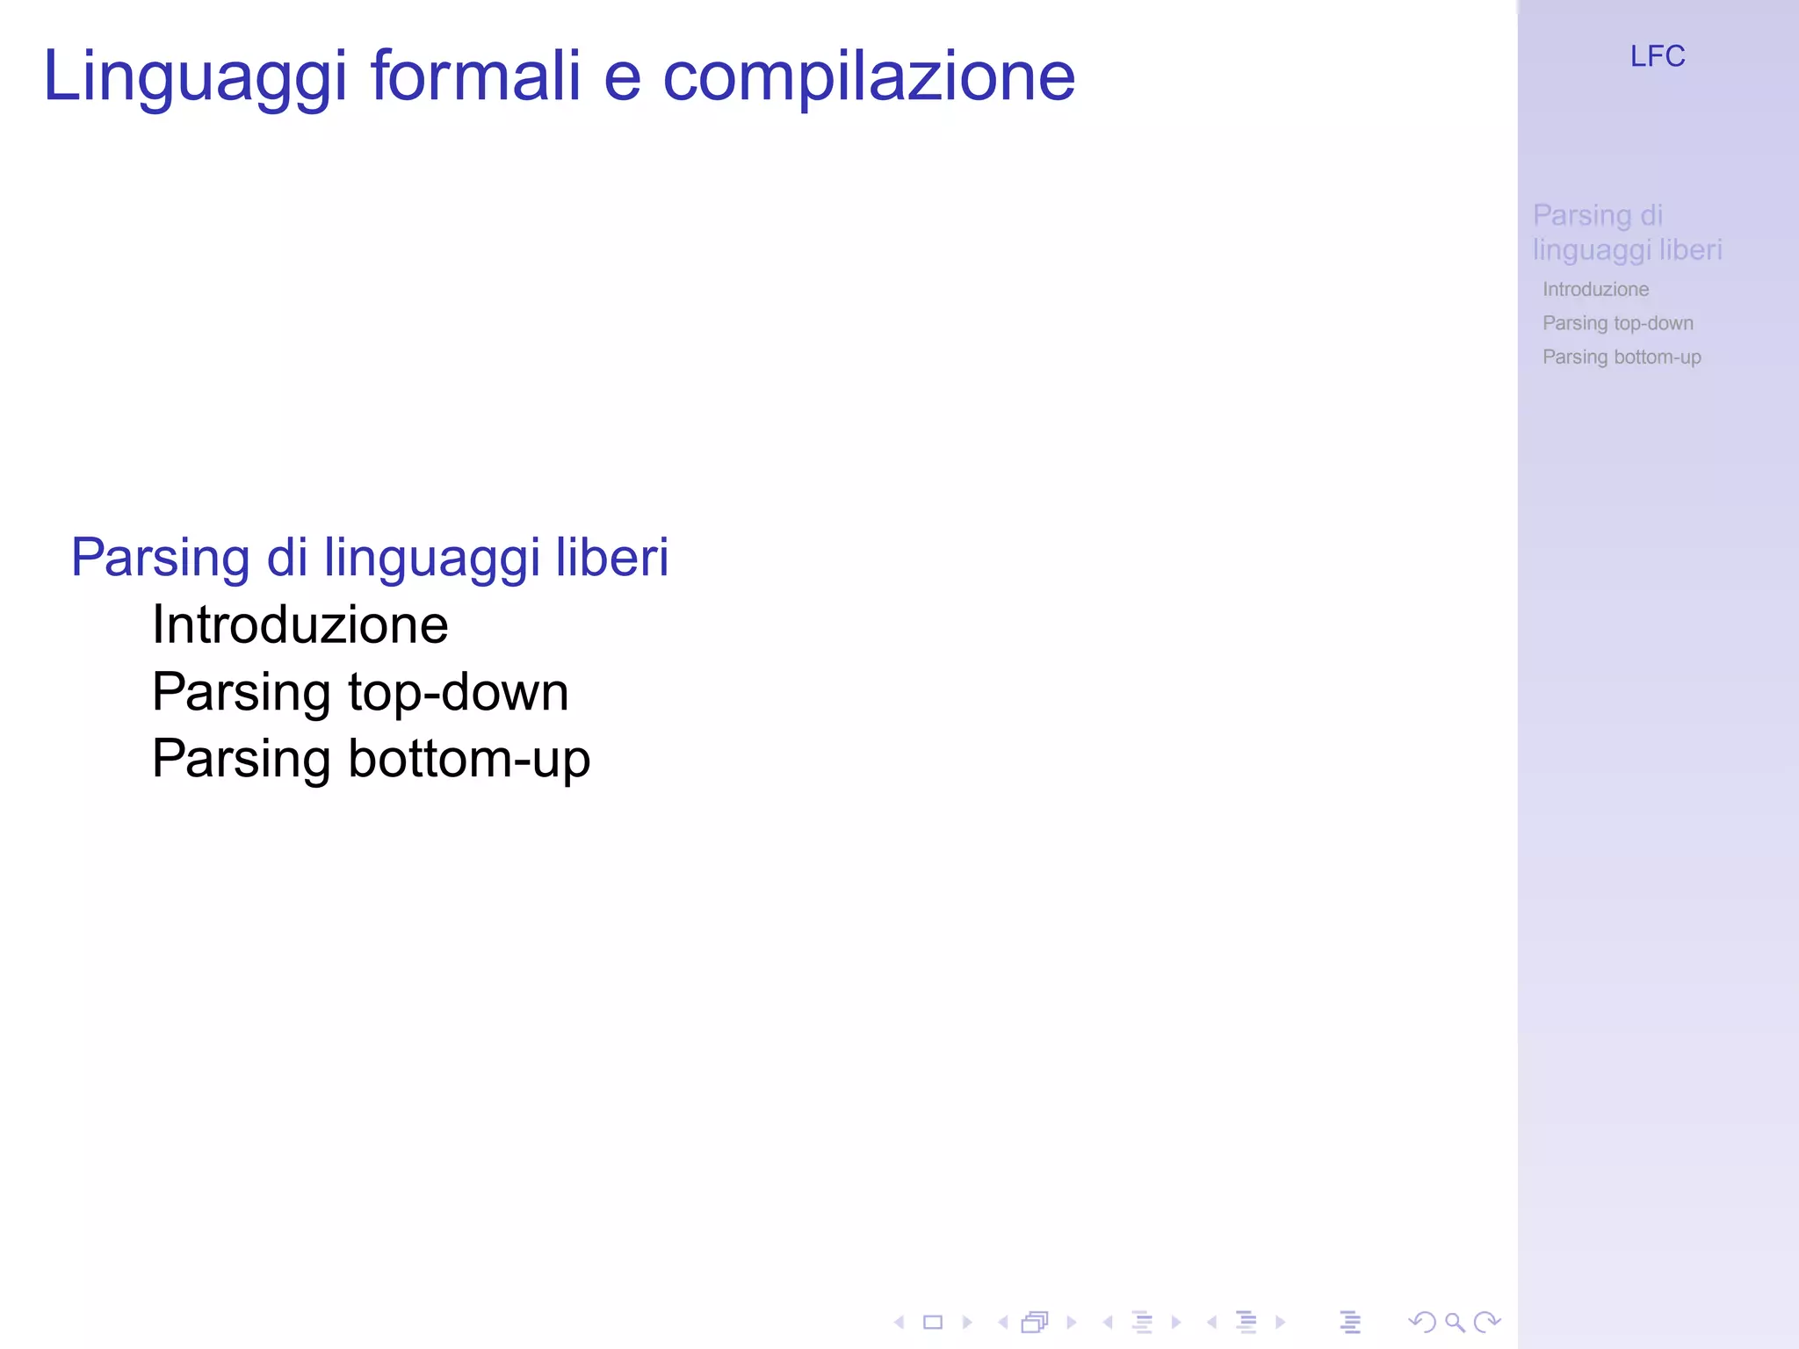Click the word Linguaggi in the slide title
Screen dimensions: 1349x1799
click(x=195, y=77)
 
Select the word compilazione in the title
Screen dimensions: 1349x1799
click(x=868, y=77)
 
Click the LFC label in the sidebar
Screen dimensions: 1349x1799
click(x=1658, y=57)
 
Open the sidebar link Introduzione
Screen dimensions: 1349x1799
click(x=1595, y=289)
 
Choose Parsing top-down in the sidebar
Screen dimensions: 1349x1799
click(x=1617, y=323)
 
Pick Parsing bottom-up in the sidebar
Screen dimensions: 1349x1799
click(x=1622, y=357)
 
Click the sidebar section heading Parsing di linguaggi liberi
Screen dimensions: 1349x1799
click(x=1627, y=233)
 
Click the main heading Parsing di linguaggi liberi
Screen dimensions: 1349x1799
click(x=370, y=559)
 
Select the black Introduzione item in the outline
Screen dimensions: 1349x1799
click(x=300, y=625)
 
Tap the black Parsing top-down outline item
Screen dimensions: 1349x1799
click(x=360, y=692)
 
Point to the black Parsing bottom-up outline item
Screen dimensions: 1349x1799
click(x=371, y=759)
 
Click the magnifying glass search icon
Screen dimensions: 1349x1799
click(x=1455, y=1322)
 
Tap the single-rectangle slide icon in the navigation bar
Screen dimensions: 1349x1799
click(x=933, y=1322)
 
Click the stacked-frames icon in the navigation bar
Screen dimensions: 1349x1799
click(x=1036, y=1322)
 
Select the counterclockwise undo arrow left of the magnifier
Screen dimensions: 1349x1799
click(x=1421, y=1322)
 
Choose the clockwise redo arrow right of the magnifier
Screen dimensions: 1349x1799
click(x=1487, y=1322)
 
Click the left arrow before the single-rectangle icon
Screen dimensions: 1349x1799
click(x=899, y=1322)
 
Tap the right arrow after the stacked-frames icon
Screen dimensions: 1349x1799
click(x=1071, y=1322)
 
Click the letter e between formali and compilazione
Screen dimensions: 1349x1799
click(x=622, y=77)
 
